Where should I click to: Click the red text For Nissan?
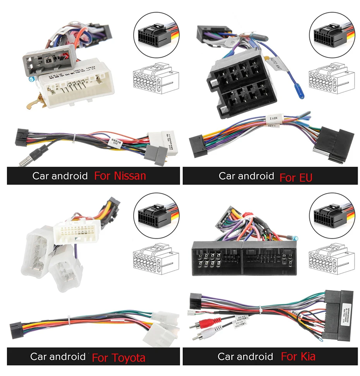pyautogui.click(x=120, y=176)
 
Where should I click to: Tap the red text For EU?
pyautogui.click(x=296, y=178)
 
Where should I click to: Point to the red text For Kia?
pyautogui.click(x=298, y=356)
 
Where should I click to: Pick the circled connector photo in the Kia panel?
pyautogui.click(x=332, y=215)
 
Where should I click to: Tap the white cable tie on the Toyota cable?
pyautogui.click(x=70, y=320)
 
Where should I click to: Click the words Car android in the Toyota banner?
pyautogui.click(x=58, y=356)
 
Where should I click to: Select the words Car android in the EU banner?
pyautogui.click(x=246, y=176)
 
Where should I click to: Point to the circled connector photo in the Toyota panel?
pyautogui.click(x=154, y=215)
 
